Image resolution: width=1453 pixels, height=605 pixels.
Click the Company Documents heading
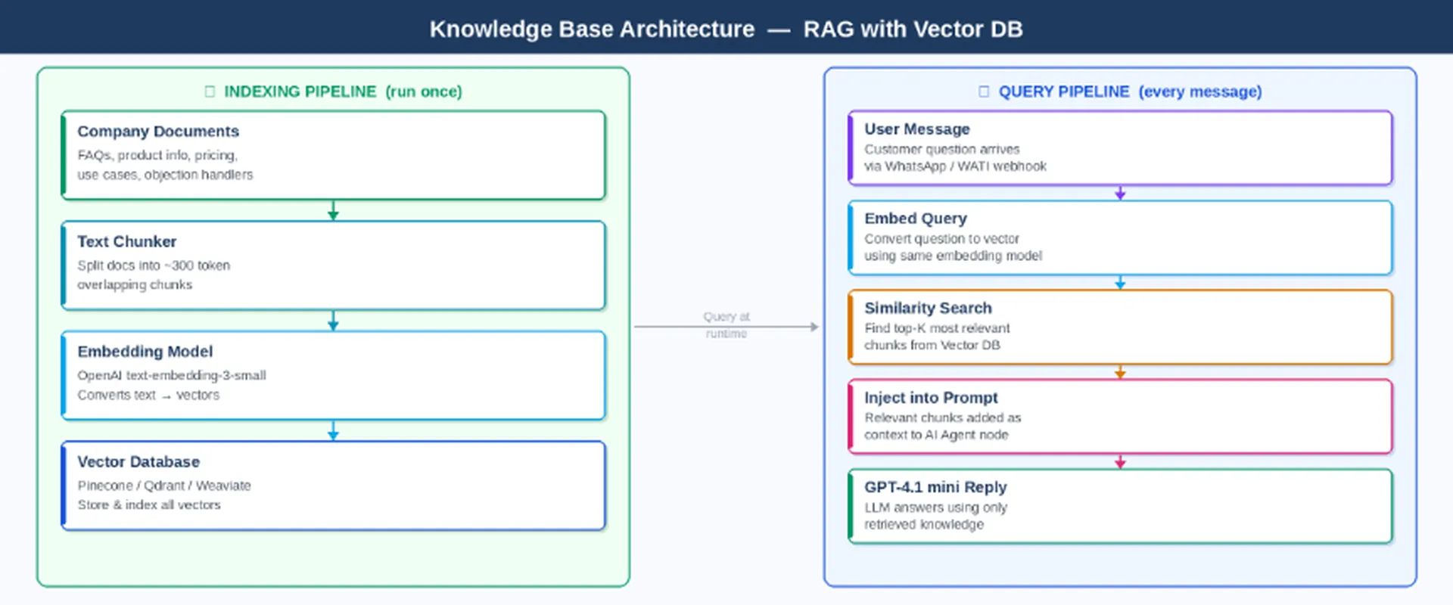[x=157, y=132]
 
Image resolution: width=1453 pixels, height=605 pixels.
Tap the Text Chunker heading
[x=126, y=242]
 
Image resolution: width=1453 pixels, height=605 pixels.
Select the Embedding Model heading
[x=145, y=352]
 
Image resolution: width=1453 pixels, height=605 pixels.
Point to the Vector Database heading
[x=138, y=462]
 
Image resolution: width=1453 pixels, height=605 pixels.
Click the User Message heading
[x=916, y=129]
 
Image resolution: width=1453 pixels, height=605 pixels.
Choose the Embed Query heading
[x=915, y=219]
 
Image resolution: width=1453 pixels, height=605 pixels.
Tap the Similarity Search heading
[x=927, y=309]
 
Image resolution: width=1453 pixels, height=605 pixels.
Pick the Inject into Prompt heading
[x=930, y=398]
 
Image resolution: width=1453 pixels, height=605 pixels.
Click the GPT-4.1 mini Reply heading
[x=935, y=487]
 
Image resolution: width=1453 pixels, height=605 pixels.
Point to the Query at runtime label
[x=726, y=325]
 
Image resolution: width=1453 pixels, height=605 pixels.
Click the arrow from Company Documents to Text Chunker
[x=333, y=210]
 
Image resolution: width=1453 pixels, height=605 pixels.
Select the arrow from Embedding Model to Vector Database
[x=333, y=430]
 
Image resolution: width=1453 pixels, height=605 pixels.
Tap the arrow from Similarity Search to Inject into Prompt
[x=1120, y=372]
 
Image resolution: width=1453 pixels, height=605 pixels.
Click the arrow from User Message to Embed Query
[x=1120, y=193]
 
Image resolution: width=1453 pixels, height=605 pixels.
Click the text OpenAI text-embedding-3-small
[x=171, y=376]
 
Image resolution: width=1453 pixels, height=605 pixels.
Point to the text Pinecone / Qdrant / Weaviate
[x=163, y=486]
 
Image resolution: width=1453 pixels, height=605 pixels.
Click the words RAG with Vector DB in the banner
[x=912, y=29]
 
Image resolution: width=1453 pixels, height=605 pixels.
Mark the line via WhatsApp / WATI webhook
[x=955, y=166]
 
